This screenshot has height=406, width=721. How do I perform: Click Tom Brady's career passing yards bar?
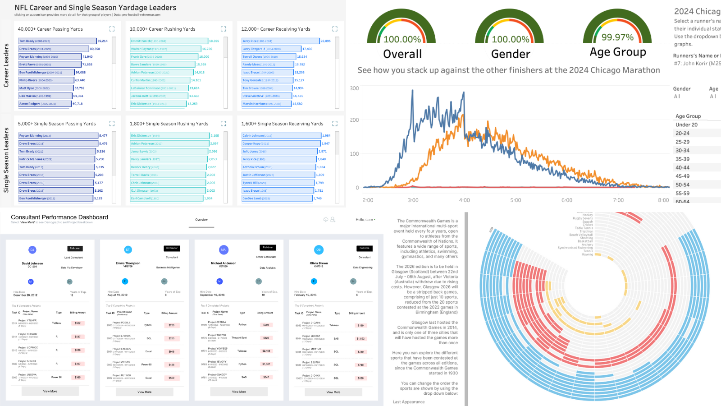point(57,41)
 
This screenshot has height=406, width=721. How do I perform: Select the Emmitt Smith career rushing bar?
point(169,41)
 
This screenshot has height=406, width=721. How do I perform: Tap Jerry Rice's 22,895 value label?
point(325,41)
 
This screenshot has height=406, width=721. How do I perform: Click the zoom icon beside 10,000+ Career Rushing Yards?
point(223,29)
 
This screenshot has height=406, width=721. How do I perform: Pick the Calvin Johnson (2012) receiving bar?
point(281,136)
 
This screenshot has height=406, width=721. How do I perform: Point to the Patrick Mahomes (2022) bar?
point(57,159)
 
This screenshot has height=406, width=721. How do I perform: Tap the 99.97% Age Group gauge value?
point(617,37)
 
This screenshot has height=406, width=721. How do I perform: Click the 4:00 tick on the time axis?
point(464,200)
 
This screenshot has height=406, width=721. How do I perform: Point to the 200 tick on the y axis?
point(355,120)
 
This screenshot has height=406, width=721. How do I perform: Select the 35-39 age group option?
point(682,159)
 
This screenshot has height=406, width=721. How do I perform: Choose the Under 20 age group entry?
point(686,125)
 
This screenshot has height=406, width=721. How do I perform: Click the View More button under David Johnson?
point(50,391)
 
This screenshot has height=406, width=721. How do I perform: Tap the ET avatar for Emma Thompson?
point(128,249)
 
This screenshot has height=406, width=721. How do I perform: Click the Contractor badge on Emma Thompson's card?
point(172,248)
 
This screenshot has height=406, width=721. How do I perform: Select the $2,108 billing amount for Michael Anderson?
point(266,351)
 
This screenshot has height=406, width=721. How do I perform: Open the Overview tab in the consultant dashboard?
point(201,220)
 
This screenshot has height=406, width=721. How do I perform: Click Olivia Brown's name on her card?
point(319,263)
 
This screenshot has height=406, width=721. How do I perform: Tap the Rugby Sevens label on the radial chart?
point(583,218)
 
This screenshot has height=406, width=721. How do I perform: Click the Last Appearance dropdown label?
point(409,402)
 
